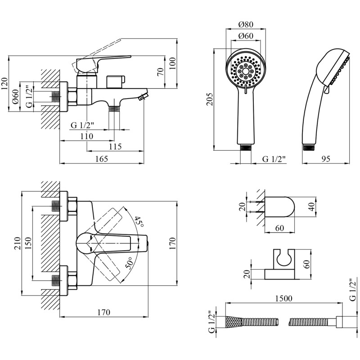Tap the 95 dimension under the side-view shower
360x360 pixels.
[326, 158]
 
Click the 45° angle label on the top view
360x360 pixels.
[139, 222]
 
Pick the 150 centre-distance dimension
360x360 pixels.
[28, 243]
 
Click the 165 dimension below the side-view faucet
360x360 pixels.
[102, 158]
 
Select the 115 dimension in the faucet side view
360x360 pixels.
[115, 147]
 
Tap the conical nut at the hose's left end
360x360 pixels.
[233, 322]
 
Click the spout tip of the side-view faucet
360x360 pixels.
[144, 96]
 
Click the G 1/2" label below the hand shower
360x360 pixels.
[274, 158]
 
